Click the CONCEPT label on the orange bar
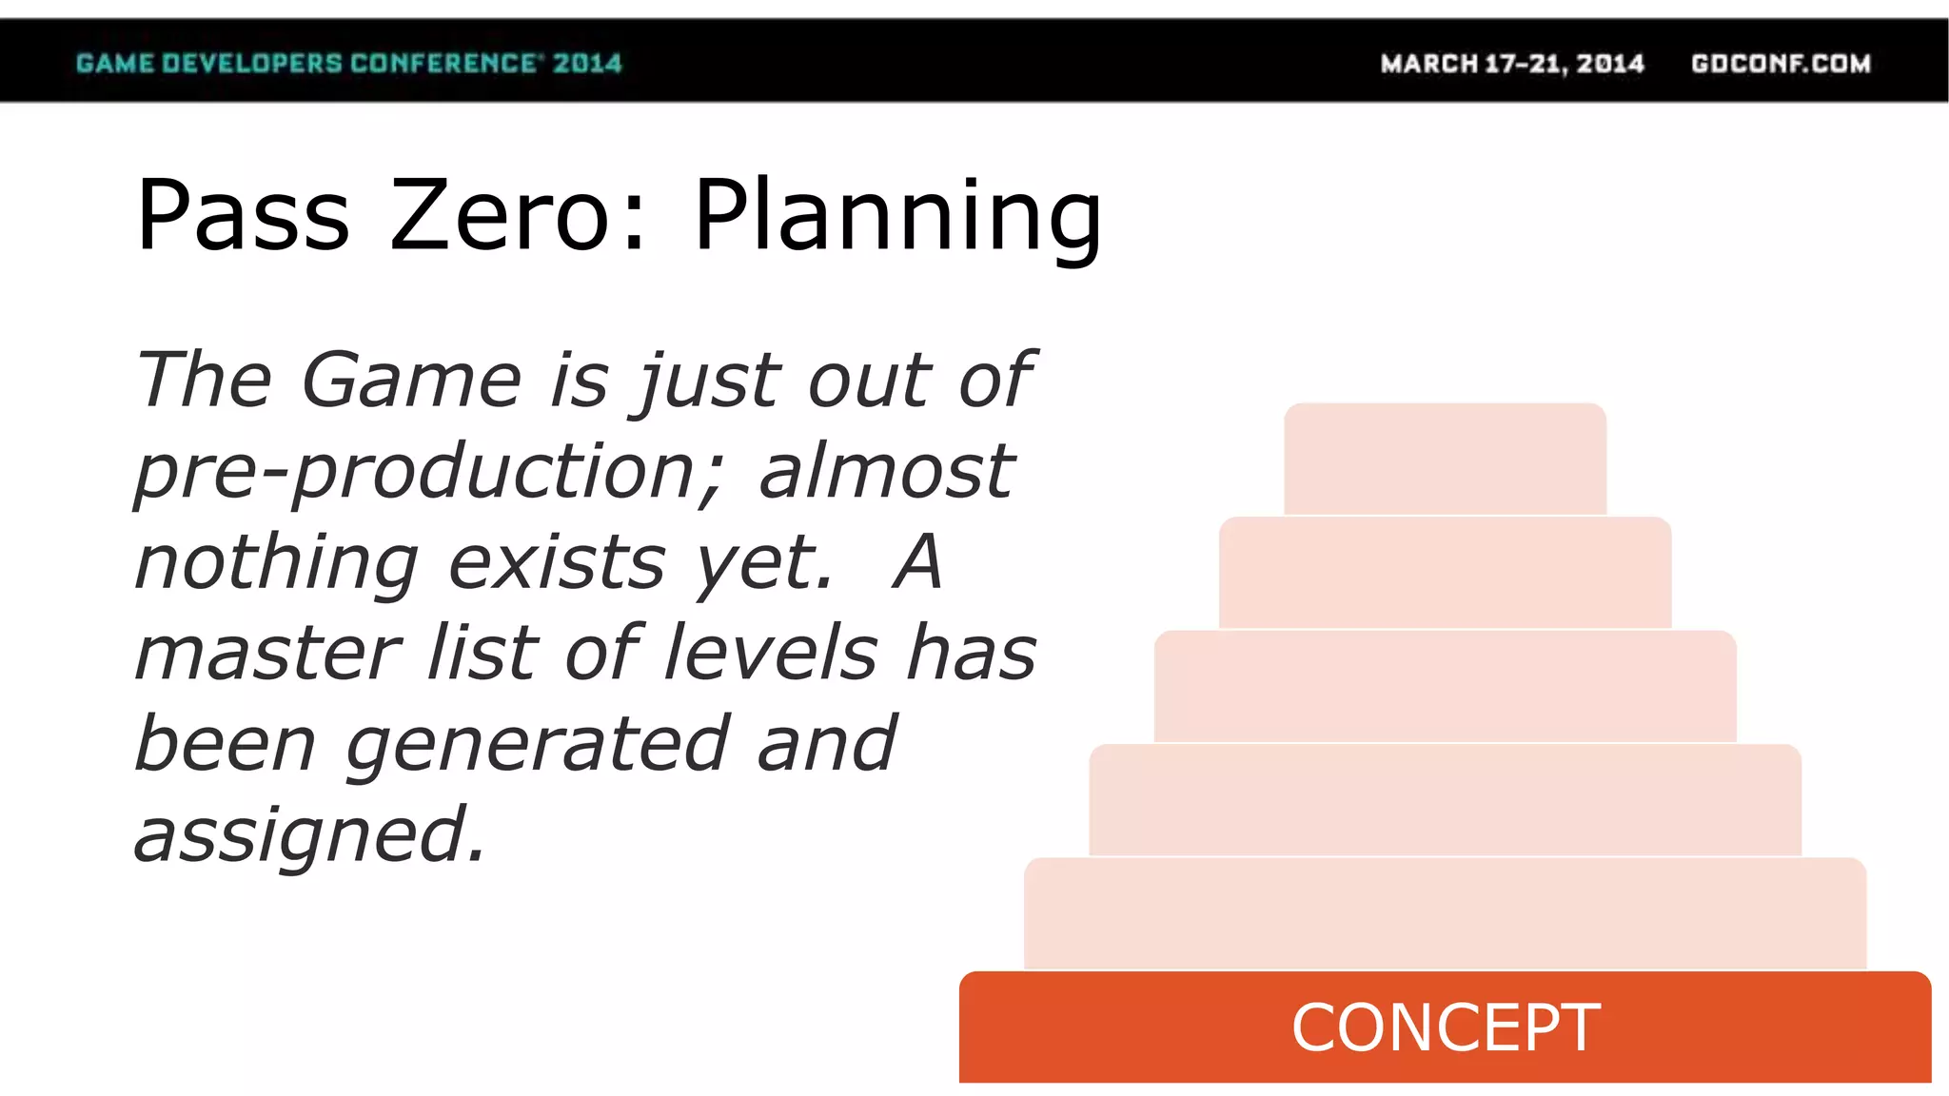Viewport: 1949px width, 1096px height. (x=1446, y=1027)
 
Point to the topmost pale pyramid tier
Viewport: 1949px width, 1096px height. (x=1445, y=459)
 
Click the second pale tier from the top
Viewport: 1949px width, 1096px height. (x=1445, y=573)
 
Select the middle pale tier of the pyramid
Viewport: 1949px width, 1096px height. (x=1445, y=686)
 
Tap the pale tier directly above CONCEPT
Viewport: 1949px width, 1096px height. (x=1445, y=913)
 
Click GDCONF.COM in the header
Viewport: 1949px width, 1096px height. (x=1781, y=64)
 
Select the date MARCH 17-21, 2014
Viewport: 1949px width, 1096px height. (x=1512, y=64)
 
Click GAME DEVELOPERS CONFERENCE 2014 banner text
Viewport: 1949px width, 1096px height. (x=348, y=64)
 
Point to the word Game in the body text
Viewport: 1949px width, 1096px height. (x=411, y=380)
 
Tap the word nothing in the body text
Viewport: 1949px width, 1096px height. (x=277, y=563)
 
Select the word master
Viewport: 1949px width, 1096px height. (x=268, y=654)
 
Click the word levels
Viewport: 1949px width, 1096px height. (x=770, y=654)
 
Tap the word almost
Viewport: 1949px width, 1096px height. (x=886, y=472)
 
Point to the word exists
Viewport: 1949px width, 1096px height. (x=557, y=562)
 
